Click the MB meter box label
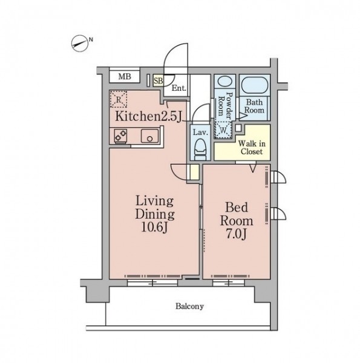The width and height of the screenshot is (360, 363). [125, 76]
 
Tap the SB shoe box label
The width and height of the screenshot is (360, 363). [159, 81]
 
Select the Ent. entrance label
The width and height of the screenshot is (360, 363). [178, 88]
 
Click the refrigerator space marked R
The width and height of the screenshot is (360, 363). [119, 99]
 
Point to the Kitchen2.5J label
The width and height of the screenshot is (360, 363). [148, 116]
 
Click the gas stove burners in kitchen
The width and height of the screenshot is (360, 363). [120, 136]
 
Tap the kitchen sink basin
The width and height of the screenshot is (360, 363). [150, 136]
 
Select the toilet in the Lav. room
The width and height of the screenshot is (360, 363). [200, 149]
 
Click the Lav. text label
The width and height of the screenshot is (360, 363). [200, 132]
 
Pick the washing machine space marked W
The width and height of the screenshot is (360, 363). [223, 130]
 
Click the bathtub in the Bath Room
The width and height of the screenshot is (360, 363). [255, 85]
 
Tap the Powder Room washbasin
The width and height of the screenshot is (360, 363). [225, 82]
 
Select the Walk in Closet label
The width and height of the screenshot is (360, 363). [252, 148]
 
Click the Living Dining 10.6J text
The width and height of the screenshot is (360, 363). [155, 214]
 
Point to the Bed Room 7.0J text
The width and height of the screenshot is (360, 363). [237, 221]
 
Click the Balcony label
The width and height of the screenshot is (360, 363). [189, 306]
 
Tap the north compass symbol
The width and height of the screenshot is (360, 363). [80, 44]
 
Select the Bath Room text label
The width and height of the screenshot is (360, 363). [254, 106]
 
